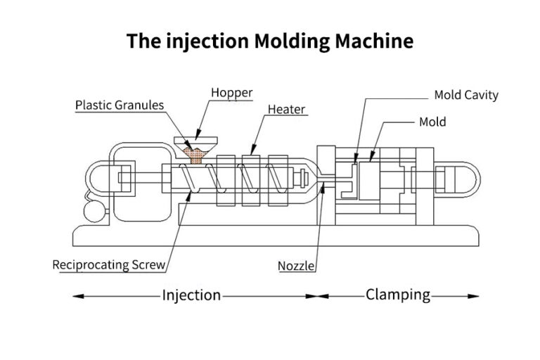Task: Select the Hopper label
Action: click(231, 93)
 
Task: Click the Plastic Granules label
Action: click(120, 105)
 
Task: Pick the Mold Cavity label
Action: click(465, 95)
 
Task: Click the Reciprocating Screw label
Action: click(109, 265)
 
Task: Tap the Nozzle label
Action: click(296, 266)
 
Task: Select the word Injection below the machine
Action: click(191, 295)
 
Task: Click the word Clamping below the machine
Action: click(397, 295)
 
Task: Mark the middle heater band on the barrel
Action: click(251, 179)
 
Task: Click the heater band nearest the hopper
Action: click(224, 179)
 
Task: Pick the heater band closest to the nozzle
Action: click(277, 179)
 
